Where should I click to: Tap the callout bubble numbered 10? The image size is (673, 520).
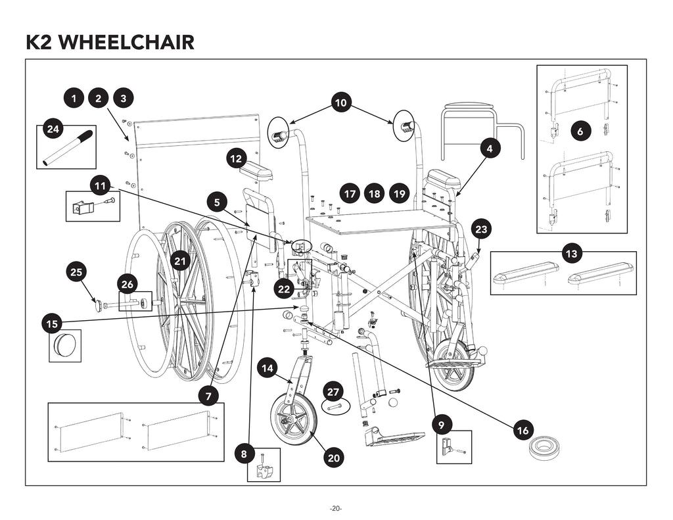pyautogui.click(x=340, y=103)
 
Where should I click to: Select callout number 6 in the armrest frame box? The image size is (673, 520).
pyautogui.click(x=580, y=131)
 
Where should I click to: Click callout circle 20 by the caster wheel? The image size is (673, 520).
pyautogui.click(x=333, y=458)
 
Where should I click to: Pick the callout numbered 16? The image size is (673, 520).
pyautogui.click(x=522, y=431)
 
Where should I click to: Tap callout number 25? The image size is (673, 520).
pyautogui.click(x=76, y=271)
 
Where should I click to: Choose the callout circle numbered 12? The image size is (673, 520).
pyautogui.click(x=237, y=158)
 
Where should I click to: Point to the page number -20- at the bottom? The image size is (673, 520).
pyautogui.click(x=336, y=509)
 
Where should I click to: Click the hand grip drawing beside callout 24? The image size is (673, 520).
pyautogui.click(x=68, y=149)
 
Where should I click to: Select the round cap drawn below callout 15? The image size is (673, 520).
pyautogui.click(x=65, y=344)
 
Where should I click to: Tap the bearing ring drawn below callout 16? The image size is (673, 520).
pyautogui.click(x=544, y=448)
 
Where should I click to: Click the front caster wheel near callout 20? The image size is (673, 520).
pyautogui.click(x=293, y=418)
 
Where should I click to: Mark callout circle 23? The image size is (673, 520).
pyautogui.click(x=481, y=229)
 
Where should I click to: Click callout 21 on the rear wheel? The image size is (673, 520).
pyautogui.click(x=180, y=261)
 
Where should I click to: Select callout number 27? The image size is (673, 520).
pyautogui.click(x=334, y=392)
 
